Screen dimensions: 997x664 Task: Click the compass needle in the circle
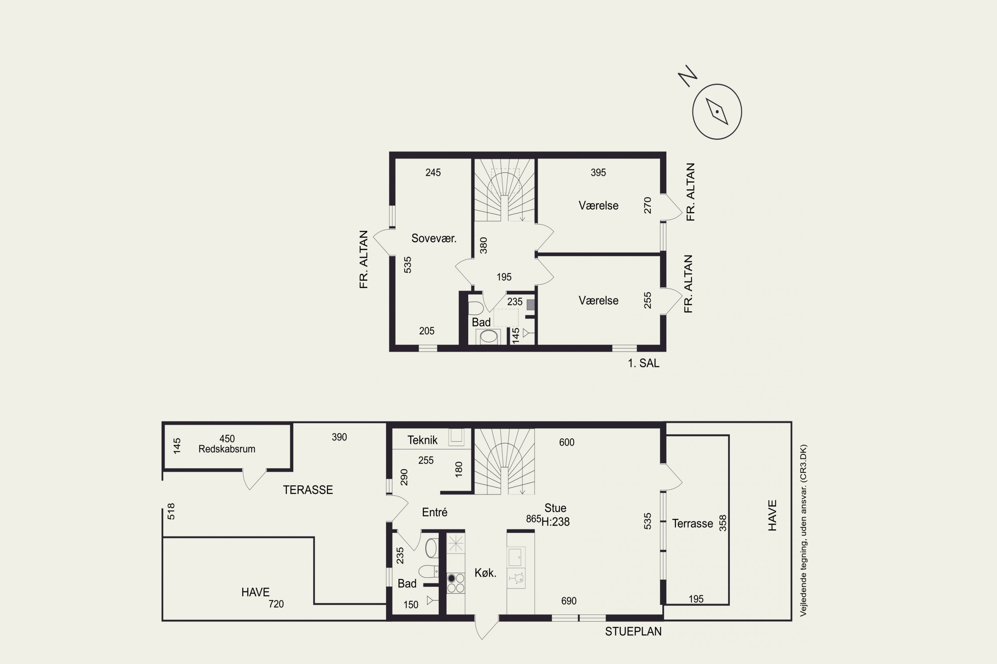717,111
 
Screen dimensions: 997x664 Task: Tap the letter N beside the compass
688,76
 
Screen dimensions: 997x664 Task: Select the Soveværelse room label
434,238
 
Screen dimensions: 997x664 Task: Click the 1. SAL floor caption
643,363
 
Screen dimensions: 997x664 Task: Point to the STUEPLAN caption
633,631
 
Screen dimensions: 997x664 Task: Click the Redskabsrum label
227,449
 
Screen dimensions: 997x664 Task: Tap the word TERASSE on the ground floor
308,490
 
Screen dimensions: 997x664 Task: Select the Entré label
434,512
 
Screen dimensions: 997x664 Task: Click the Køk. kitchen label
485,573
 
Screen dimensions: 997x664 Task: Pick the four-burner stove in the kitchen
456,583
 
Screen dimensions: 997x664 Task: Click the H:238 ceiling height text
556,522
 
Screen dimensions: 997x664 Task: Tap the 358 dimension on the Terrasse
723,523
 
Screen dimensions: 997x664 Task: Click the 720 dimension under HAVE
276,604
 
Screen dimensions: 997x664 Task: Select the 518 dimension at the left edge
171,511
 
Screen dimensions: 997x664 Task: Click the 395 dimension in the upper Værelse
598,172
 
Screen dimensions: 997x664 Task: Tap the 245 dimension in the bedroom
433,172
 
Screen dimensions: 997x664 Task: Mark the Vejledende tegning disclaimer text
803,530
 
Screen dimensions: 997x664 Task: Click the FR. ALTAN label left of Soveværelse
363,260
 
